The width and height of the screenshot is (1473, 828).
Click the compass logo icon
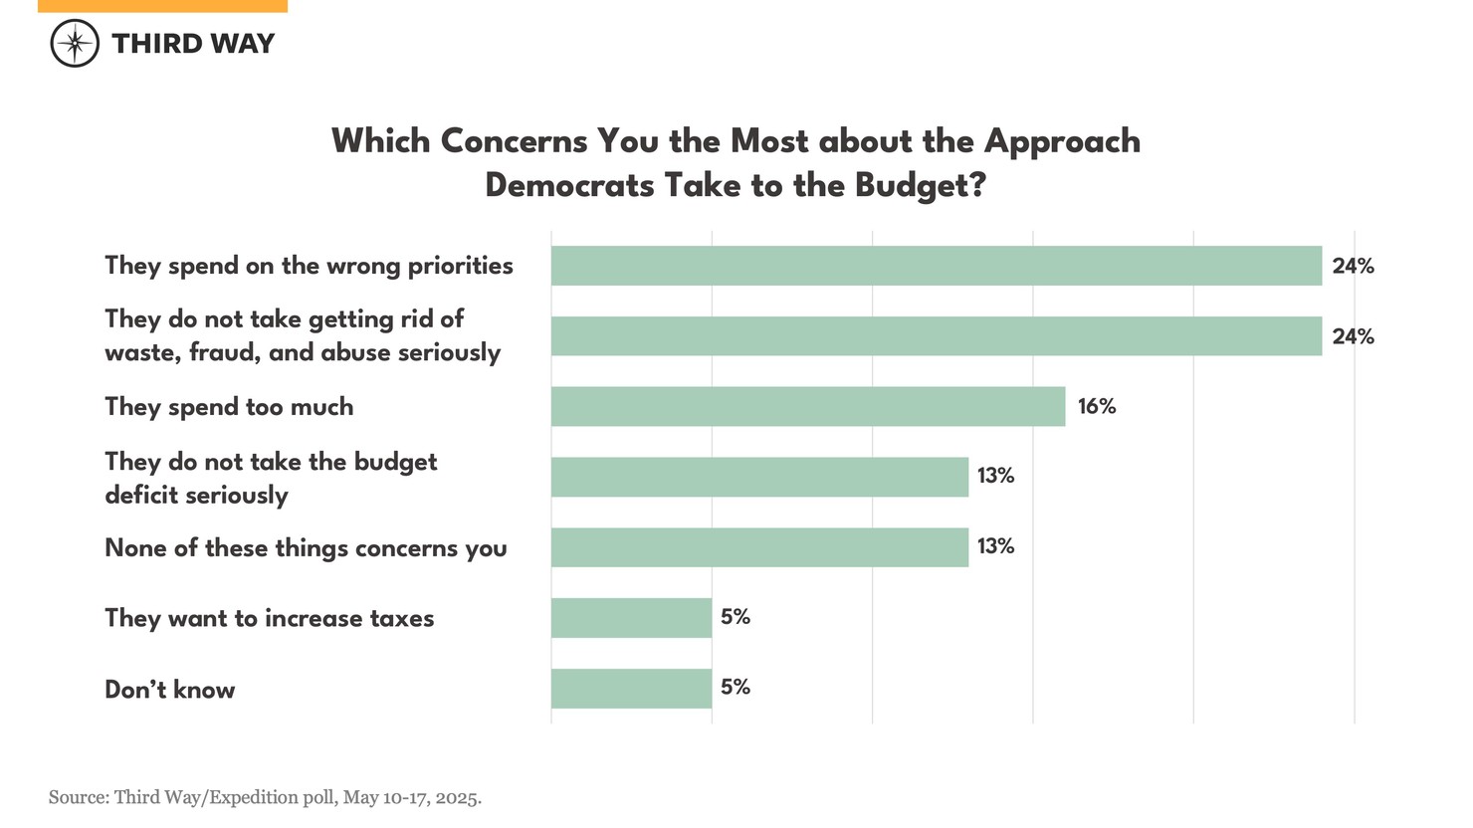tap(75, 44)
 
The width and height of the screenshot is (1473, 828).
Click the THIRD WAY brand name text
tap(193, 44)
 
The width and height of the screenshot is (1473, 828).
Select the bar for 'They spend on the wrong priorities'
tap(936, 266)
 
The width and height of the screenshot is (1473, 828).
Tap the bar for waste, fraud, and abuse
tap(936, 336)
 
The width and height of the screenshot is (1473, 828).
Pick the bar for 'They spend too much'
tap(807, 406)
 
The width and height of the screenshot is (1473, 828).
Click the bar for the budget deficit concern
tap(759, 477)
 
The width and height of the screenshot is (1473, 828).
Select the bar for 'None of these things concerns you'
tap(759, 547)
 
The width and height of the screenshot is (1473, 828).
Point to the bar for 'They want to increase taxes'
tap(631, 618)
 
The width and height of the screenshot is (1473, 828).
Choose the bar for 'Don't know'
tap(631, 689)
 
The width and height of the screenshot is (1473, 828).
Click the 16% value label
tap(1097, 406)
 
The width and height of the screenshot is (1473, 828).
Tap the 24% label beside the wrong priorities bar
tap(1353, 266)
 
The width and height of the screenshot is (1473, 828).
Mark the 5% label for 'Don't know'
tap(736, 687)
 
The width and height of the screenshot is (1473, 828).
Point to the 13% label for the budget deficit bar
tap(995, 476)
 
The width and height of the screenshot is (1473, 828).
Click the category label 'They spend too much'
tap(229, 407)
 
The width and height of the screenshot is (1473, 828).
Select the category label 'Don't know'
tap(170, 690)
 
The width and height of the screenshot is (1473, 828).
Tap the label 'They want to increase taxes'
tap(270, 618)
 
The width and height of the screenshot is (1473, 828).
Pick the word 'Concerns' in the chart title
tap(514, 141)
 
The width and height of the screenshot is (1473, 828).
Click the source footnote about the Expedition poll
tap(265, 797)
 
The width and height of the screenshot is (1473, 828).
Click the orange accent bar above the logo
tap(162, 6)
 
